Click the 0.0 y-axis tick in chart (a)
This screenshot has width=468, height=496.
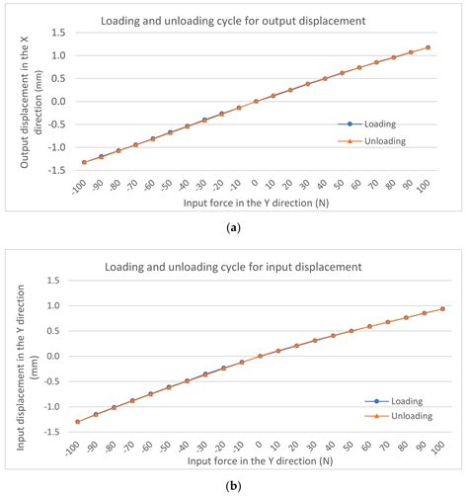click(x=58, y=101)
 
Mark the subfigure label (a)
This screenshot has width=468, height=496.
click(x=234, y=228)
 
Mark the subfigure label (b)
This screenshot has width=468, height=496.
click(x=234, y=487)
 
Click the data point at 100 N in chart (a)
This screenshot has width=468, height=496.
click(x=428, y=46)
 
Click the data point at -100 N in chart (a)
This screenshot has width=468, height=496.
click(x=84, y=162)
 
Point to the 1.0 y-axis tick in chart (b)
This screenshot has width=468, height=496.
click(x=58, y=304)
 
